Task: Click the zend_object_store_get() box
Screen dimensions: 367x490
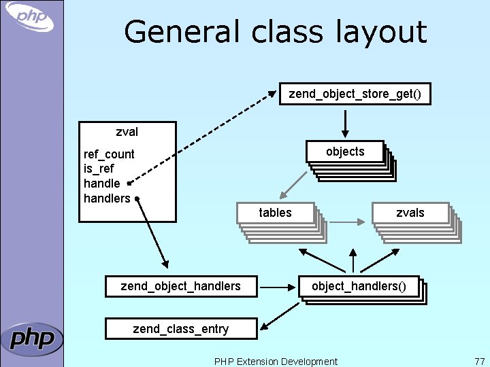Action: [x=355, y=94]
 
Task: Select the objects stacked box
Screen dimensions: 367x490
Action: [x=346, y=152]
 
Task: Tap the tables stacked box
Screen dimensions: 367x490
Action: [x=275, y=213]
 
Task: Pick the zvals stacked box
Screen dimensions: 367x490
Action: [x=410, y=213]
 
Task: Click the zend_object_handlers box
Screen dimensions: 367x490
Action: [x=180, y=286]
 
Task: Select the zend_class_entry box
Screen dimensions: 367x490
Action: [x=180, y=329]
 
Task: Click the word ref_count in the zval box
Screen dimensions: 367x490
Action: [x=109, y=154]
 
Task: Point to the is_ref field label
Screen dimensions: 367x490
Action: [x=99, y=169]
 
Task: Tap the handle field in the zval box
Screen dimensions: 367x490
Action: [x=101, y=183]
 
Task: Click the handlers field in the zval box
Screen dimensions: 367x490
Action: [x=106, y=198]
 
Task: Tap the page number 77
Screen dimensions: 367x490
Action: [x=478, y=361]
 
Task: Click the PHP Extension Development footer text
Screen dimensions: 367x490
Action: [x=275, y=361]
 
